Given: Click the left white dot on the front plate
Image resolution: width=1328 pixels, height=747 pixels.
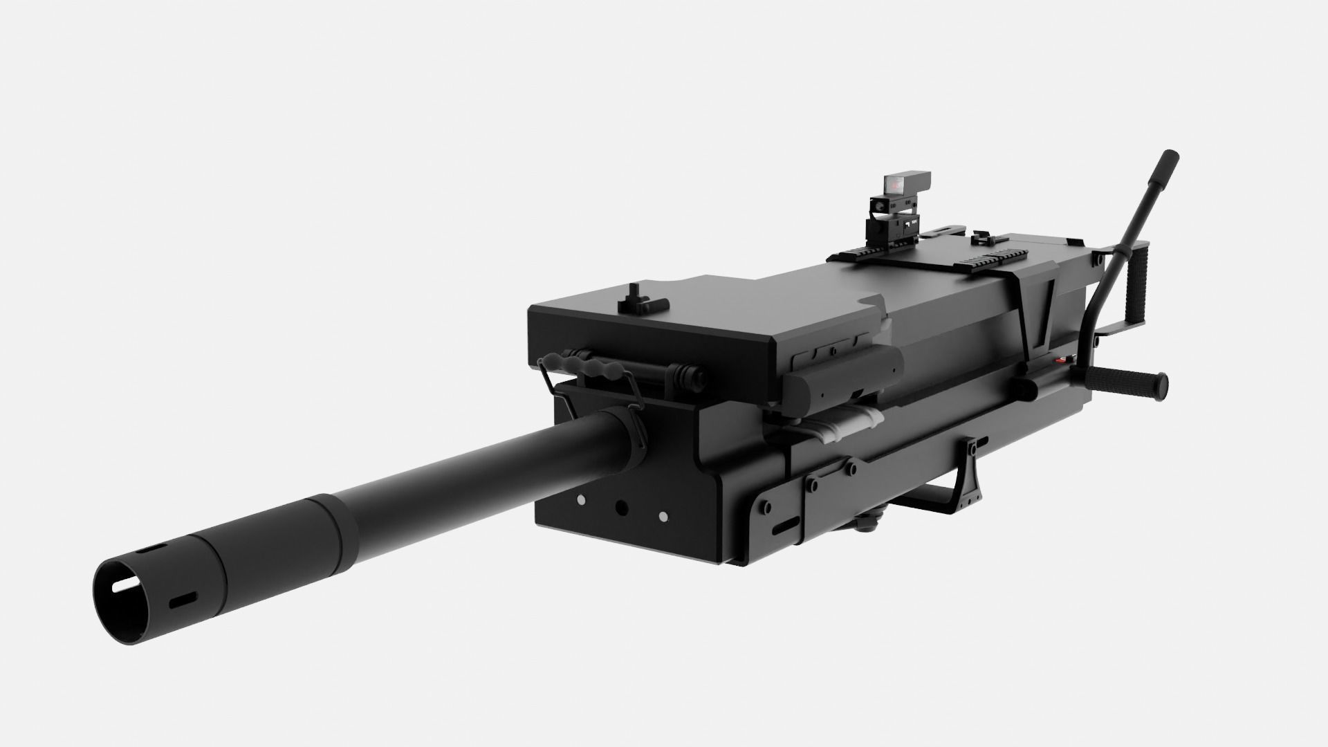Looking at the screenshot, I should tap(580, 500).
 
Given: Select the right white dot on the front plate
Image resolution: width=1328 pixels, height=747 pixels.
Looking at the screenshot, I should tap(663, 517).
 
